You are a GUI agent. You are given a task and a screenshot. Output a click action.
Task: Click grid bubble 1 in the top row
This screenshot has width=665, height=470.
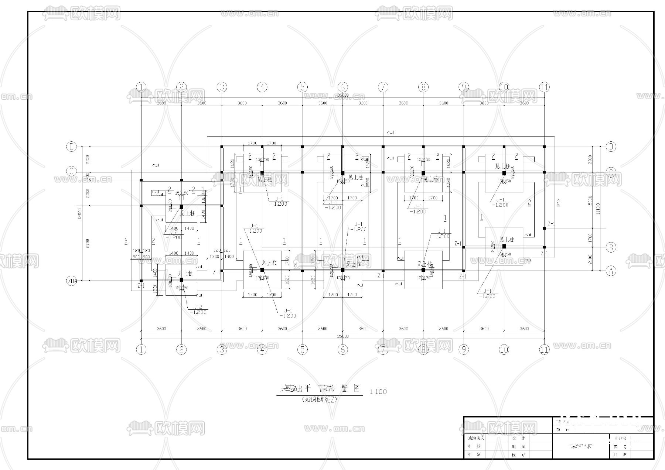pos(141,87)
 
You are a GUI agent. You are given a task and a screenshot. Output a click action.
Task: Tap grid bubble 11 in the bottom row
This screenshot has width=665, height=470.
pos(544,349)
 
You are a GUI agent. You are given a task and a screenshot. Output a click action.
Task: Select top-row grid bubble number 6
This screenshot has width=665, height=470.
pos(342,87)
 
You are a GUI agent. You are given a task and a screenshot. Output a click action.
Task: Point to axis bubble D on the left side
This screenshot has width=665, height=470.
pos(71,147)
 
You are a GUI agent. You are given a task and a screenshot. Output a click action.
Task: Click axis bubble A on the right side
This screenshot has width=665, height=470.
pos(611,271)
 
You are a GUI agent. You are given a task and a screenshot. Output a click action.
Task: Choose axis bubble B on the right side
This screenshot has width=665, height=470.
pos(611,247)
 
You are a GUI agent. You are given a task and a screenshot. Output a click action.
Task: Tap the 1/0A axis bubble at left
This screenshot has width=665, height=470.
pos(71,281)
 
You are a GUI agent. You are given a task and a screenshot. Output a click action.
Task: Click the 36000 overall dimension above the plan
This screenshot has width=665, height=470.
pos(342,95)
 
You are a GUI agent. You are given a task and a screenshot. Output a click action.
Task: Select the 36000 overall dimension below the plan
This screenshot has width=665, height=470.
pos(342,336)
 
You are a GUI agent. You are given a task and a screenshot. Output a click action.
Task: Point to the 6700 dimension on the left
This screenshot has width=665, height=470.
pos(87,243)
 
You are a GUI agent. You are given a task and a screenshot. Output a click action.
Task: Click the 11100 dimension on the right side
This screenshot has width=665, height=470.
pos(598,209)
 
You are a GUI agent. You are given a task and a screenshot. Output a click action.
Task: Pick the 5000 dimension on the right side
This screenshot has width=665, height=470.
pos(590,200)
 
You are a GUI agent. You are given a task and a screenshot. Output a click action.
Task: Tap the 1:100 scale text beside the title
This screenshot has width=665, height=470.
pos(378,391)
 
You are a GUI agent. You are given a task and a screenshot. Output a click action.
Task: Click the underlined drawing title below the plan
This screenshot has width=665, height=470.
pos(320,389)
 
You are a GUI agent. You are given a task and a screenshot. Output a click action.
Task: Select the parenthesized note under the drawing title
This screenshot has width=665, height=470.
pos(320,400)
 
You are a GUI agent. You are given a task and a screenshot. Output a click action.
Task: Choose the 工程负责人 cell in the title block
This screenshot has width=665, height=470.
pos(475,438)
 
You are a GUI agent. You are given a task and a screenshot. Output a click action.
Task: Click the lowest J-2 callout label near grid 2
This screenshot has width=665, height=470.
pos(198,307)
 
